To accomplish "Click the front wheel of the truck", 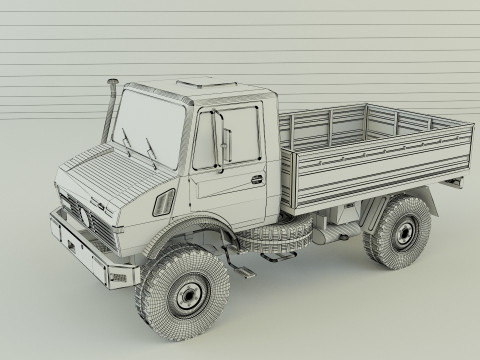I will pos(183,292).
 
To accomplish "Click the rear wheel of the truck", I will pos(403,232).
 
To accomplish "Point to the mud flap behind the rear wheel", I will pos(455,190).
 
